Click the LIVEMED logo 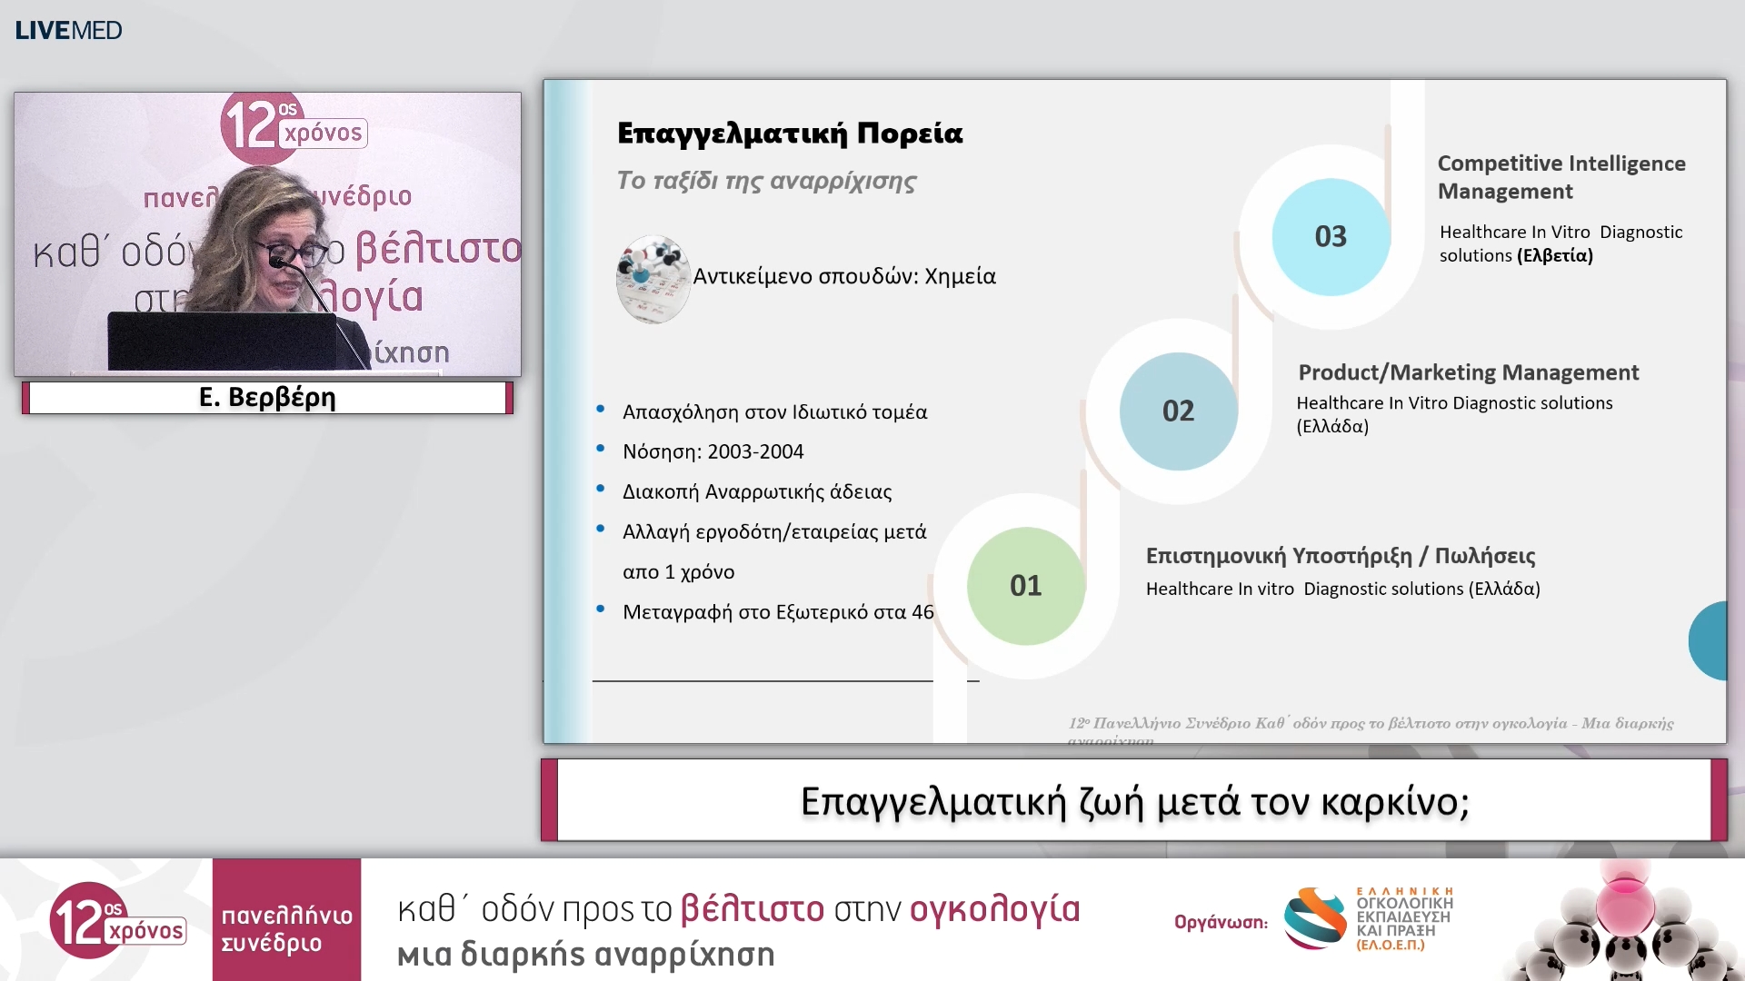tap(68, 30)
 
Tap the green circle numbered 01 tap(1025, 586)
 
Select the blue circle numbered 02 tap(1178, 411)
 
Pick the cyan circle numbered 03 tap(1330, 237)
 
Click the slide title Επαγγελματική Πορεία tap(789, 134)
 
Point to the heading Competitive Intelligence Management tap(1560, 177)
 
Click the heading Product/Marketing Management tap(1467, 372)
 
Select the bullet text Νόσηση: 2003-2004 tap(713, 451)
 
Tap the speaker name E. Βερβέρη tap(267, 398)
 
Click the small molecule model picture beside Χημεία tap(652, 278)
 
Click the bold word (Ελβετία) tap(1554, 256)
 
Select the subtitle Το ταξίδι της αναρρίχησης tap(766, 181)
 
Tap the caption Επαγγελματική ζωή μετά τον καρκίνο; tap(1133, 801)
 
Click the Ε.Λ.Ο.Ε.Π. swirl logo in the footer tap(1315, 918)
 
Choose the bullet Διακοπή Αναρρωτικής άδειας tap(756, 491)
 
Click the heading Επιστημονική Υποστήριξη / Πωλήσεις tap(1340, 556)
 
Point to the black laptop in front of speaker tap(221, 340)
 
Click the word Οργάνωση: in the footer tap(1220, 922)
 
